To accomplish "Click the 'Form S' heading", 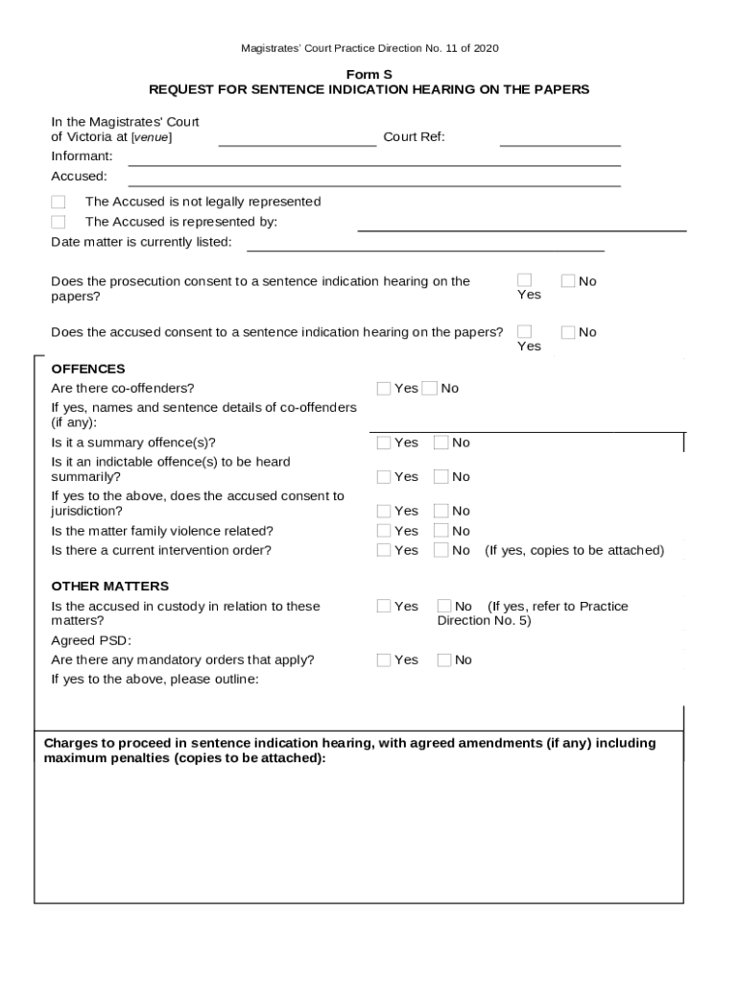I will click(369, 74).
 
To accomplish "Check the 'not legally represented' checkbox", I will click(59, 203).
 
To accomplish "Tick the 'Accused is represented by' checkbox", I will click(59, 223).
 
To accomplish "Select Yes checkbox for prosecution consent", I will click(524, 280).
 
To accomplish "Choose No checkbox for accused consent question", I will click(568, 332).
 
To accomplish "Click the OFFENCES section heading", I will click(88, 369).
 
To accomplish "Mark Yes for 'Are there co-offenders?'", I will click(384, 389).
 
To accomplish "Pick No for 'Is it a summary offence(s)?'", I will click(441, 443).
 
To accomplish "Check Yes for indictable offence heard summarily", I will click(384, 477).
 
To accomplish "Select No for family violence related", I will click(441, 531).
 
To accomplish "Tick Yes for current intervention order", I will click(384, 551).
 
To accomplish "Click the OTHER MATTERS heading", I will click(109, 586).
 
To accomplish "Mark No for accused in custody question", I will click(444, 606).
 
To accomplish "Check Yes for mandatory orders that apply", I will click(384, 660).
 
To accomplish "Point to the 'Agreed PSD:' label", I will click(91, 640).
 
